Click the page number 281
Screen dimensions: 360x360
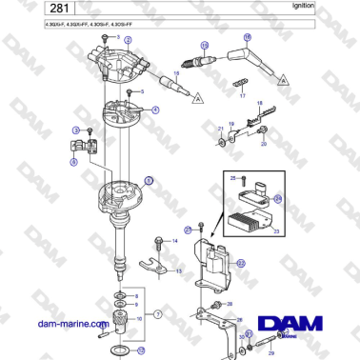tap(28, 9)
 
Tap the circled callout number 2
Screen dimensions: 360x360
tap(128, 39)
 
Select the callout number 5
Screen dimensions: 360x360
tap(142, 91)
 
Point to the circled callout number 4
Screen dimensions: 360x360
tap(155, 110)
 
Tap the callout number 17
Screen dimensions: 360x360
tap(242, 96)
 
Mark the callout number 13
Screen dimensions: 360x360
tap(178, 271)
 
